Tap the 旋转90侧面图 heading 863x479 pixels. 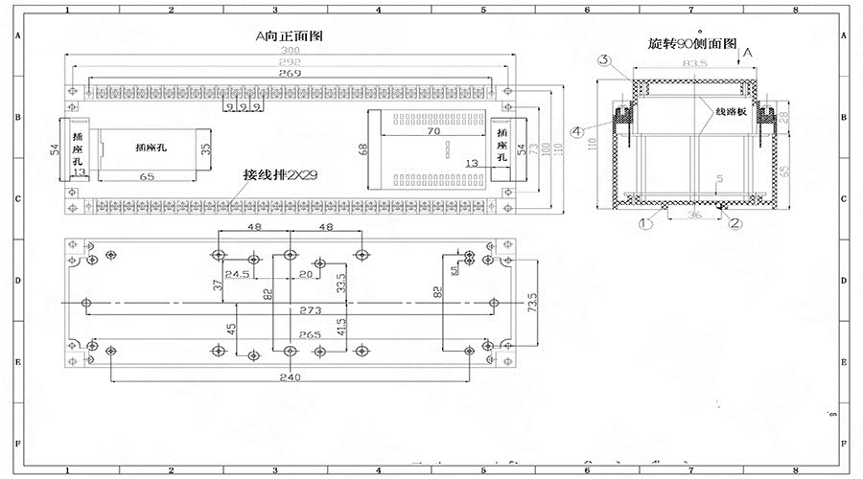[691, 44]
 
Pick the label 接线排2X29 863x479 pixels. [280, 176]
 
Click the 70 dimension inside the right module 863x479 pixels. [432, 131]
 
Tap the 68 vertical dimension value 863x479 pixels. [363, 149]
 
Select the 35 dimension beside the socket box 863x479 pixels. [205, 148]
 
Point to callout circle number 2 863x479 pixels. [735, 223]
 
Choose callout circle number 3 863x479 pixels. [605, 60]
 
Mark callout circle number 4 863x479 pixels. [577, 130]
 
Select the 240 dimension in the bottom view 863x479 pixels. [290, 377]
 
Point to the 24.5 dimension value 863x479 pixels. [239, 274]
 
